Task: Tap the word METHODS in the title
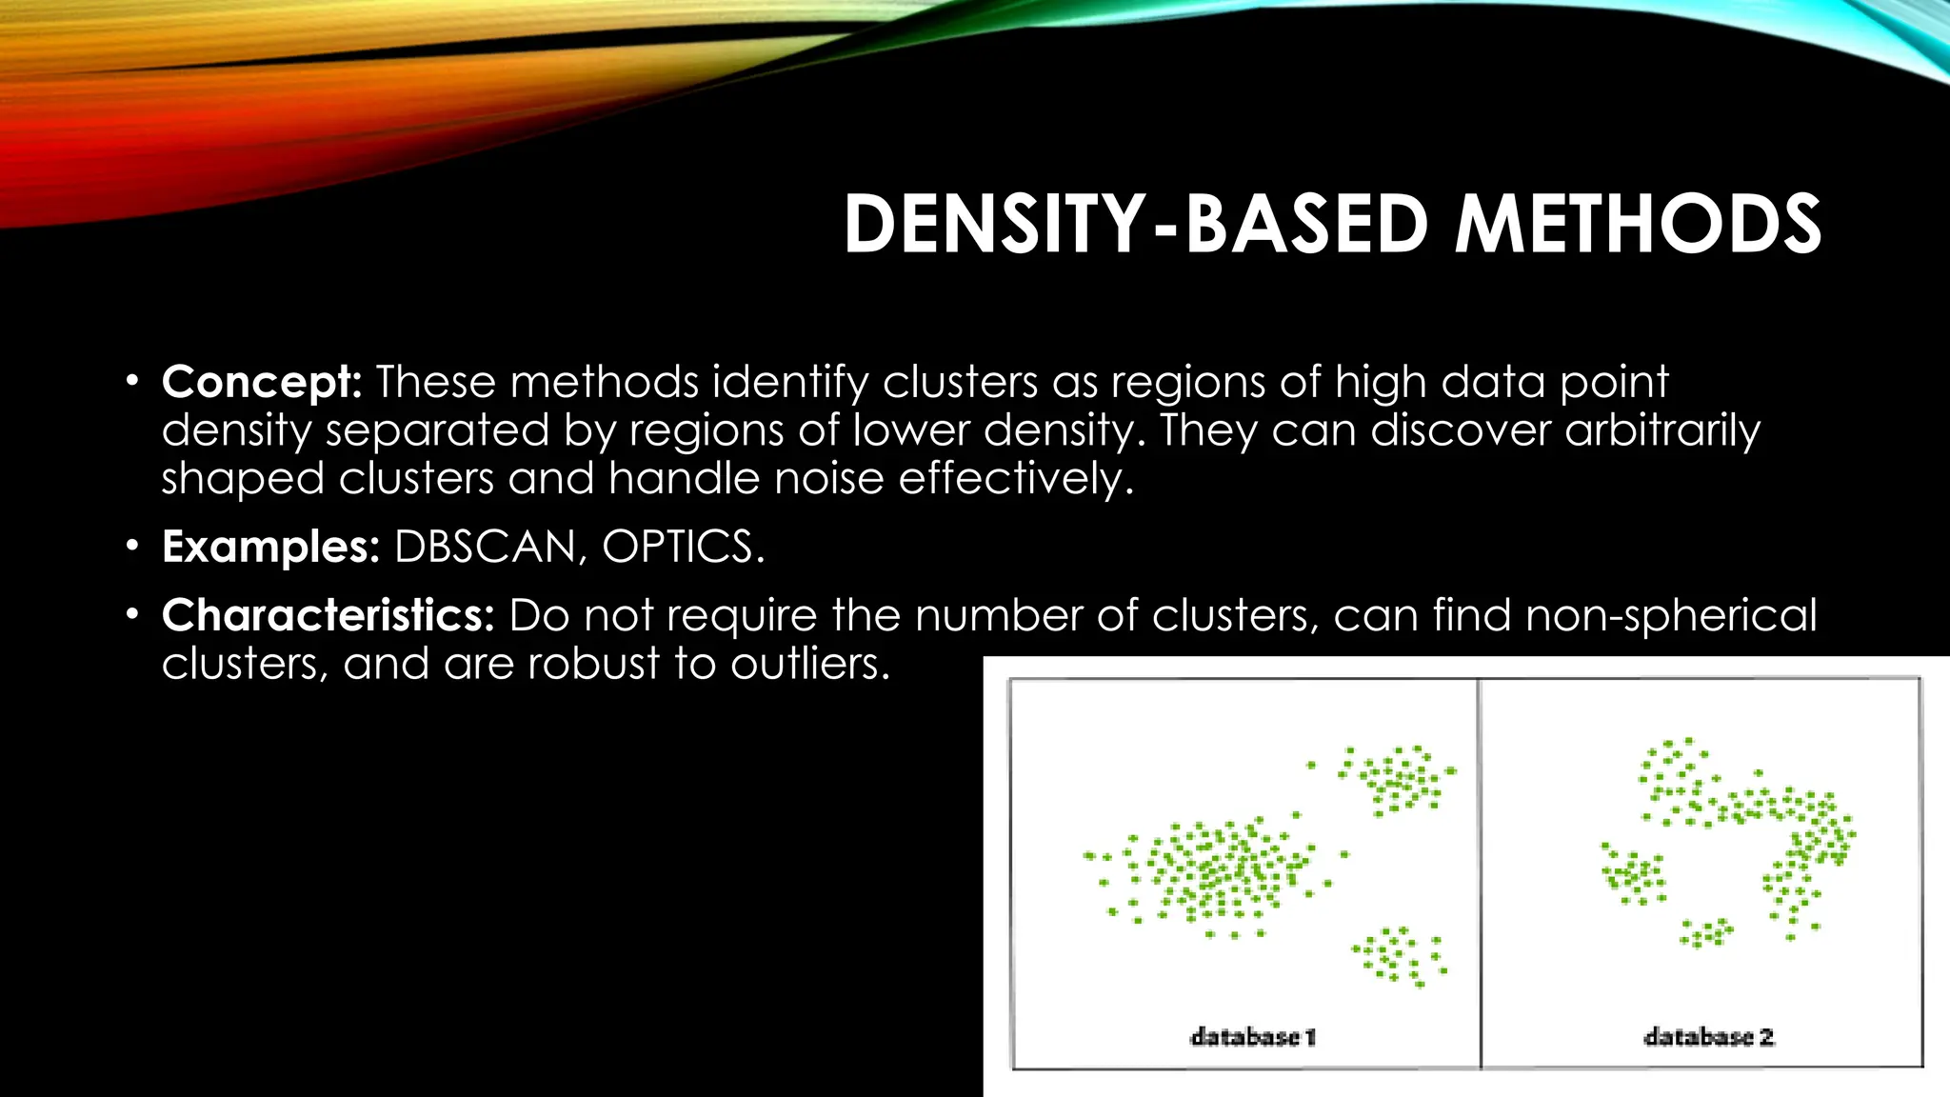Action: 1637,225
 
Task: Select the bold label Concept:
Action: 262,383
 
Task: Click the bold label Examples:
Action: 271,547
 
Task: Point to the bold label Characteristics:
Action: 328,615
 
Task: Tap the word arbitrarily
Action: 1662,430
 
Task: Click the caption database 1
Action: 1253,1037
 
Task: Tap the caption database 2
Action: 1709,1037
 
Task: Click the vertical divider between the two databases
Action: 1480,871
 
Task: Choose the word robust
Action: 593,663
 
